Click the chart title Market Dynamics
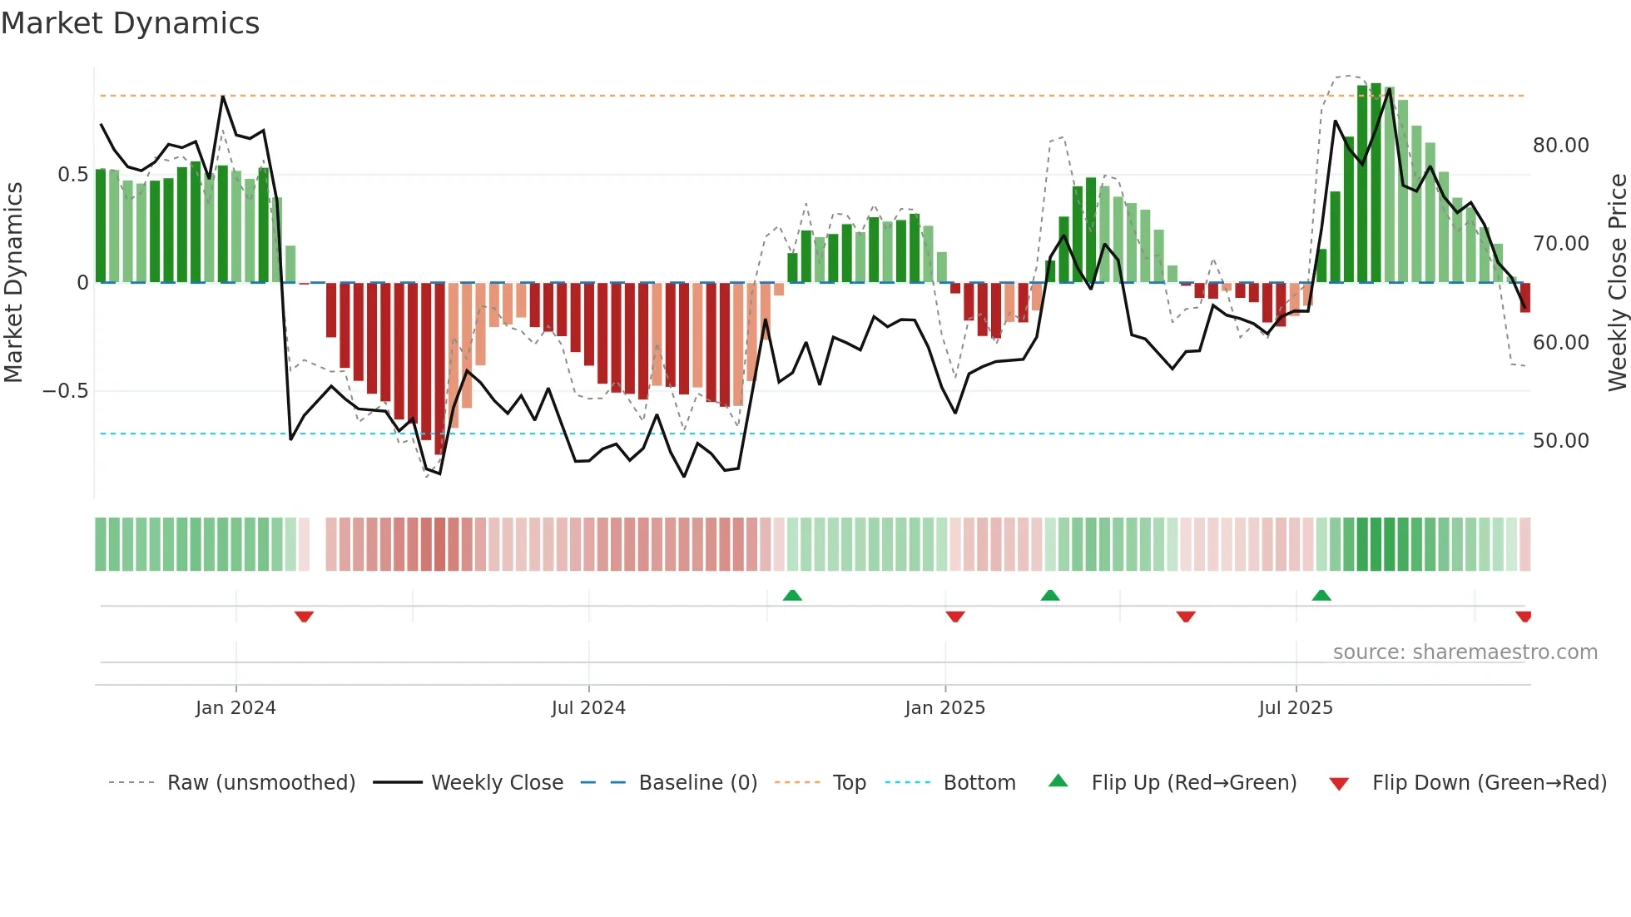[131, 23]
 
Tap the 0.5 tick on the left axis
[72, 175]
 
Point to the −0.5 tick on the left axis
[66, 391]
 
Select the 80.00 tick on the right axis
[1560, 146]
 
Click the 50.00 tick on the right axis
[1560, 441]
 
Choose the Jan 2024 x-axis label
[235, 708]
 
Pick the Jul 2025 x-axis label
[1295, 708]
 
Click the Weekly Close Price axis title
[1617, 283]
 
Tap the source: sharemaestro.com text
[1465, 652]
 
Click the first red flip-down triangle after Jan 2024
[304, 617]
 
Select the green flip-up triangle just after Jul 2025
[1321, 595]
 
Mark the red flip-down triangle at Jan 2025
[955, 617]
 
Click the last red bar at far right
[1525, 298]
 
